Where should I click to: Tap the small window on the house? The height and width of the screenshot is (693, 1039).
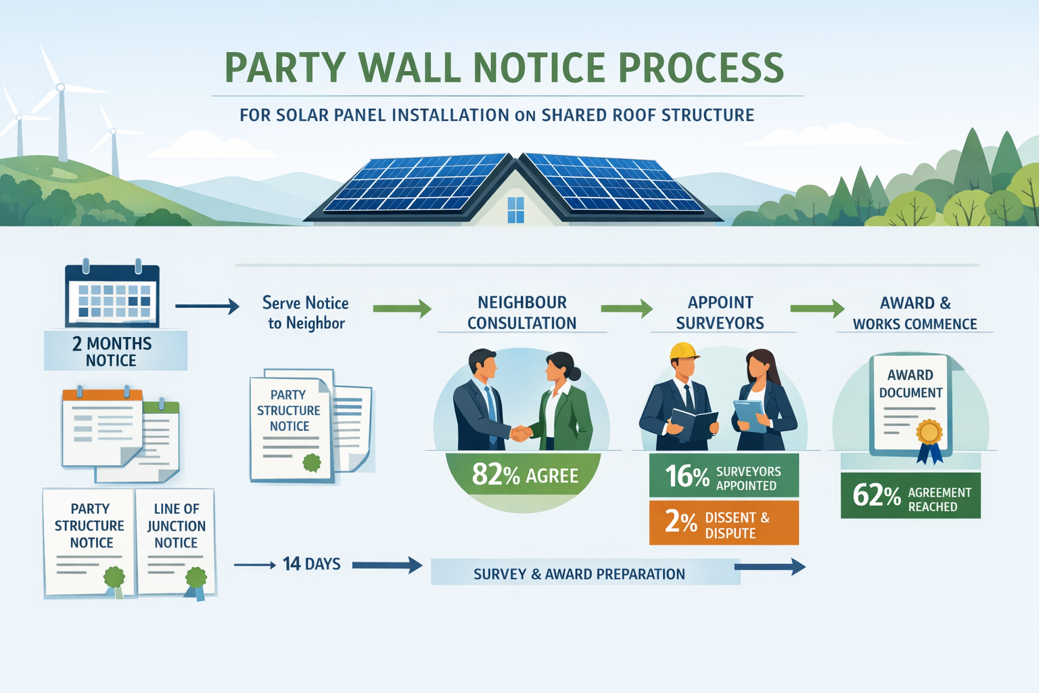515,210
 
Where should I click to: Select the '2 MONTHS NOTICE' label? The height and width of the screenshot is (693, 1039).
112,351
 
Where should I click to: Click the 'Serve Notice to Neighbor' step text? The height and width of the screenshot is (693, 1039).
306,313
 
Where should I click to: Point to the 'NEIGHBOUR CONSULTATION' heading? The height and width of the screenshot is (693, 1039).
522,313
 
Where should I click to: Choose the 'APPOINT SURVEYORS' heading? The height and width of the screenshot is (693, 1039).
720,313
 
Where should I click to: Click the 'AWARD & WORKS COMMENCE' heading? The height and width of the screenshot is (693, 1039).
915,313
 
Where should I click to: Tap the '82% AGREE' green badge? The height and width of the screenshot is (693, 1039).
524,475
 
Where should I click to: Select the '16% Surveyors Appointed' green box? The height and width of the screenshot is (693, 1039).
723,476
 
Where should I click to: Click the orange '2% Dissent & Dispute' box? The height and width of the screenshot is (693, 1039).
723,523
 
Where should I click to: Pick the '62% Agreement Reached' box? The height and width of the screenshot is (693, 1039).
910,496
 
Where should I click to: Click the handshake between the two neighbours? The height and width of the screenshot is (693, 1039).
519,433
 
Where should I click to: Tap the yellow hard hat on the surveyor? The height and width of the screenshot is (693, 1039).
683,351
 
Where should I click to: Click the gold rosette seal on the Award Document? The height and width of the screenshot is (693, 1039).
929,432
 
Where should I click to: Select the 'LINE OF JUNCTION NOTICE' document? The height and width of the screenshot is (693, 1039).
176,541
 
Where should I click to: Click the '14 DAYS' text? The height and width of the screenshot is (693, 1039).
312,564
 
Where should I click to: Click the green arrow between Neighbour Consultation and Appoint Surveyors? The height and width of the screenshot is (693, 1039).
626,309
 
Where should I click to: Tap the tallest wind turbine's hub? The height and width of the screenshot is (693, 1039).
60,87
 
